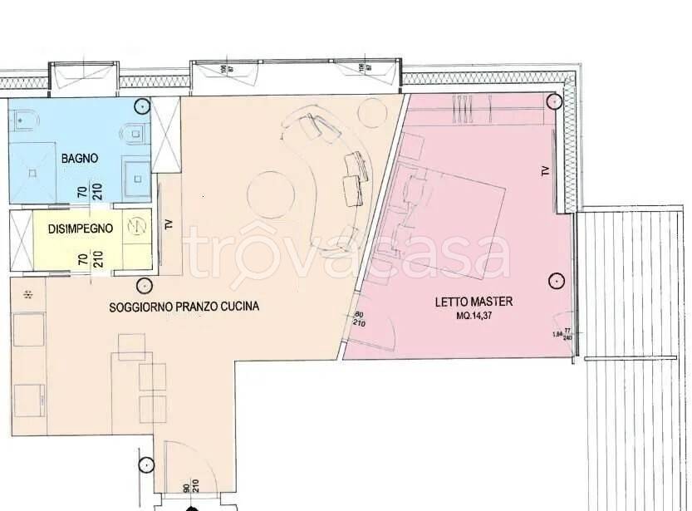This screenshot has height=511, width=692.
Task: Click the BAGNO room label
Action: tap(80, 158)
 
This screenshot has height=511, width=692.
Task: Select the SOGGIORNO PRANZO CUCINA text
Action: tap(184, 307)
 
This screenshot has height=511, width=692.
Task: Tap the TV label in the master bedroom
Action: tap(545, 171)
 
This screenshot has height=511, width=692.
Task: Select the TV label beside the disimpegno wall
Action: tap(169, 224)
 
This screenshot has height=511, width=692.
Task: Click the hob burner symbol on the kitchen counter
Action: tap(28, 294)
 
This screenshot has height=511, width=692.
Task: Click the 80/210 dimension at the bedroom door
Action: tap(359, 320)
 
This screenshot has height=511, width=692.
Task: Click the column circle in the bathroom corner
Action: tap(144, 107)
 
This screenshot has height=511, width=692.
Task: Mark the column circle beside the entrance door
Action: tap(147, 465)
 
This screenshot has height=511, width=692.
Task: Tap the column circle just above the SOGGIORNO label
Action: tap(146, 285)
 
